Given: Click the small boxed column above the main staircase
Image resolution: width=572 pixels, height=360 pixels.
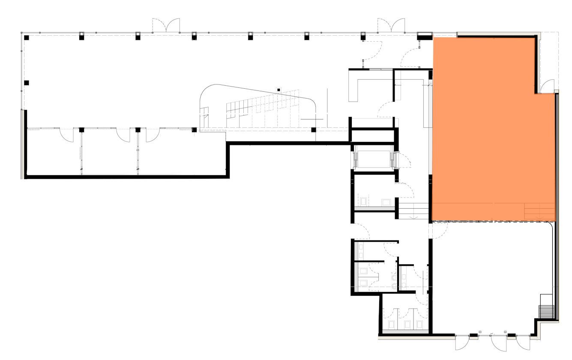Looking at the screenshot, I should click(279, 90).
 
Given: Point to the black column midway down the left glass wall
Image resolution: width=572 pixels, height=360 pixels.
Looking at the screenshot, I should click(26, 82).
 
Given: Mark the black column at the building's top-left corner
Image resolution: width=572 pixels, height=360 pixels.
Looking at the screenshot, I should click(26, 38).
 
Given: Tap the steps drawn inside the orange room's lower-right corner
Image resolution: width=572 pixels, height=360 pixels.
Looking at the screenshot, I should click(540, 212).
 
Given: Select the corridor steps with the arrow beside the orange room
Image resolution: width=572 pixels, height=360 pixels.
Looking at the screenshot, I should click(414, 211).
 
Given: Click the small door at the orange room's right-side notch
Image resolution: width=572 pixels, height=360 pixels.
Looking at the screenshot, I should click(547, 87).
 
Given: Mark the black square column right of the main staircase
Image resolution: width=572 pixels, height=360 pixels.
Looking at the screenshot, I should click(314, 129).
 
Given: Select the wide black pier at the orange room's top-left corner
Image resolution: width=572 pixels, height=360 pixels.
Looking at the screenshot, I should click(425, 36).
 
